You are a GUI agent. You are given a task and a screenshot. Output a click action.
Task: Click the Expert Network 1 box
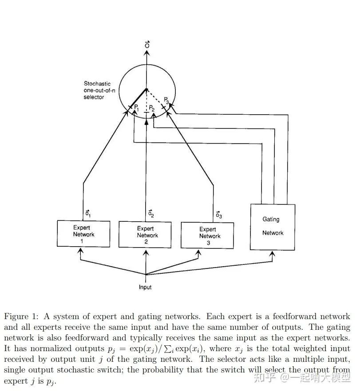point(83,234)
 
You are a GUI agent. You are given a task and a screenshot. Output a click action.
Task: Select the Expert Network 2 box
point(145,235)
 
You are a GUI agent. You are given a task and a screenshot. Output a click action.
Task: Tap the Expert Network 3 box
point(207,235)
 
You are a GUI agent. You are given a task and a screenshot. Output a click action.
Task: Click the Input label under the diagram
point(145,287)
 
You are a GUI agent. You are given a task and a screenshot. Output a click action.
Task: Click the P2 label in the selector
point(152,108)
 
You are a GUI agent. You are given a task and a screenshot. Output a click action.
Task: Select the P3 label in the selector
point(166,100)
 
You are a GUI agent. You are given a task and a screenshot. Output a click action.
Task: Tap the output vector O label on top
point(147,44)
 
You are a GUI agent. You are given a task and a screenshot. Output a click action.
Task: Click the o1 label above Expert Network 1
point(88,214)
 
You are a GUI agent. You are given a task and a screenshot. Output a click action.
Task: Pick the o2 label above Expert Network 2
point(151,214)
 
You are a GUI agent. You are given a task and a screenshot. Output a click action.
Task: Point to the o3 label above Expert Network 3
point(218,215)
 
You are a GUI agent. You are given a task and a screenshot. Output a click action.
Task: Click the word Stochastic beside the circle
point(97,84)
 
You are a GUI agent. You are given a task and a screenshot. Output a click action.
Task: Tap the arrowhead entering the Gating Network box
point(273,254)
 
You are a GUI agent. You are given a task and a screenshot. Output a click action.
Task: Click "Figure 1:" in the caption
point(21,316)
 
